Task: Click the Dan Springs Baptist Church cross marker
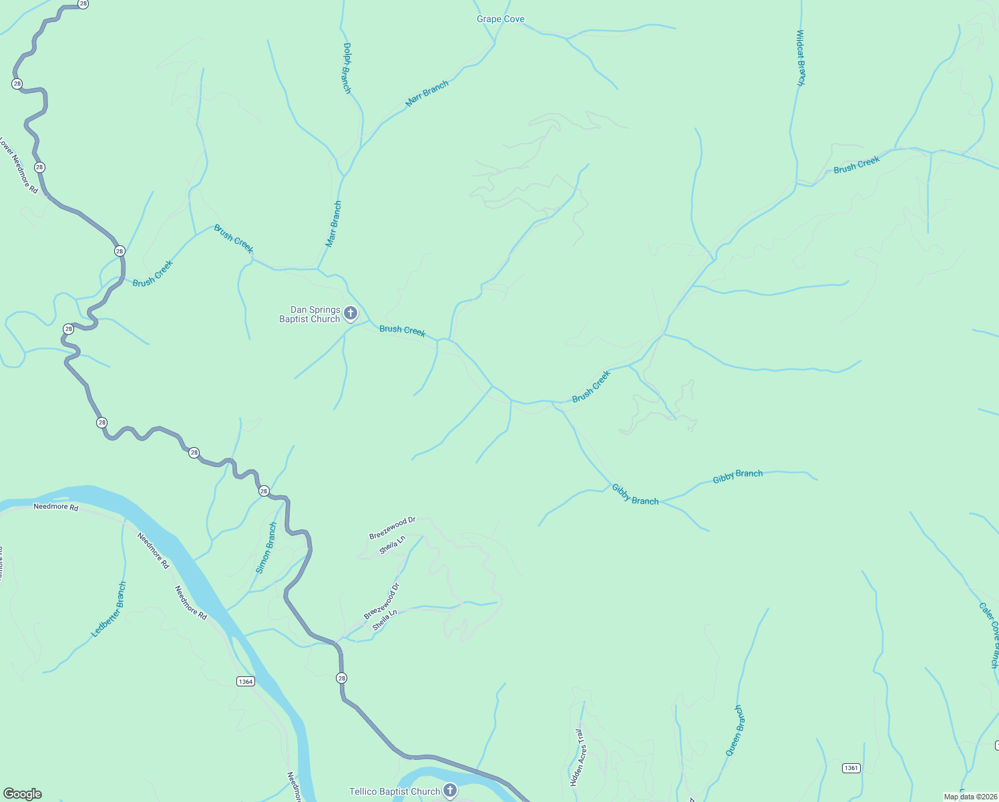[350, 313]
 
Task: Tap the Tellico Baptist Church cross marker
[450, 791]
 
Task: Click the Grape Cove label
[500, 19]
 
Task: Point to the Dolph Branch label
[347, 68]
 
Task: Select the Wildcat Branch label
[801, 57]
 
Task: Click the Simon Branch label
[266, 548]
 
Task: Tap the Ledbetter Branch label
[109, 610]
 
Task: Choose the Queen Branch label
[734, 730]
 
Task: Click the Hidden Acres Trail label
[578, 757]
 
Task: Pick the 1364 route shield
[246, 681]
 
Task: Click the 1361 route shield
[851, 768]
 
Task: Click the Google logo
[23, 794]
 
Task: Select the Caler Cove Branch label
[989, 635]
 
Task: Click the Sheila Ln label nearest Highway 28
[385, 620]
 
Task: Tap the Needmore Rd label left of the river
[56, 507]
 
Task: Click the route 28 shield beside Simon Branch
[264, 491]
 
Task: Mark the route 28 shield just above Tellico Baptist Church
[342, 678]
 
